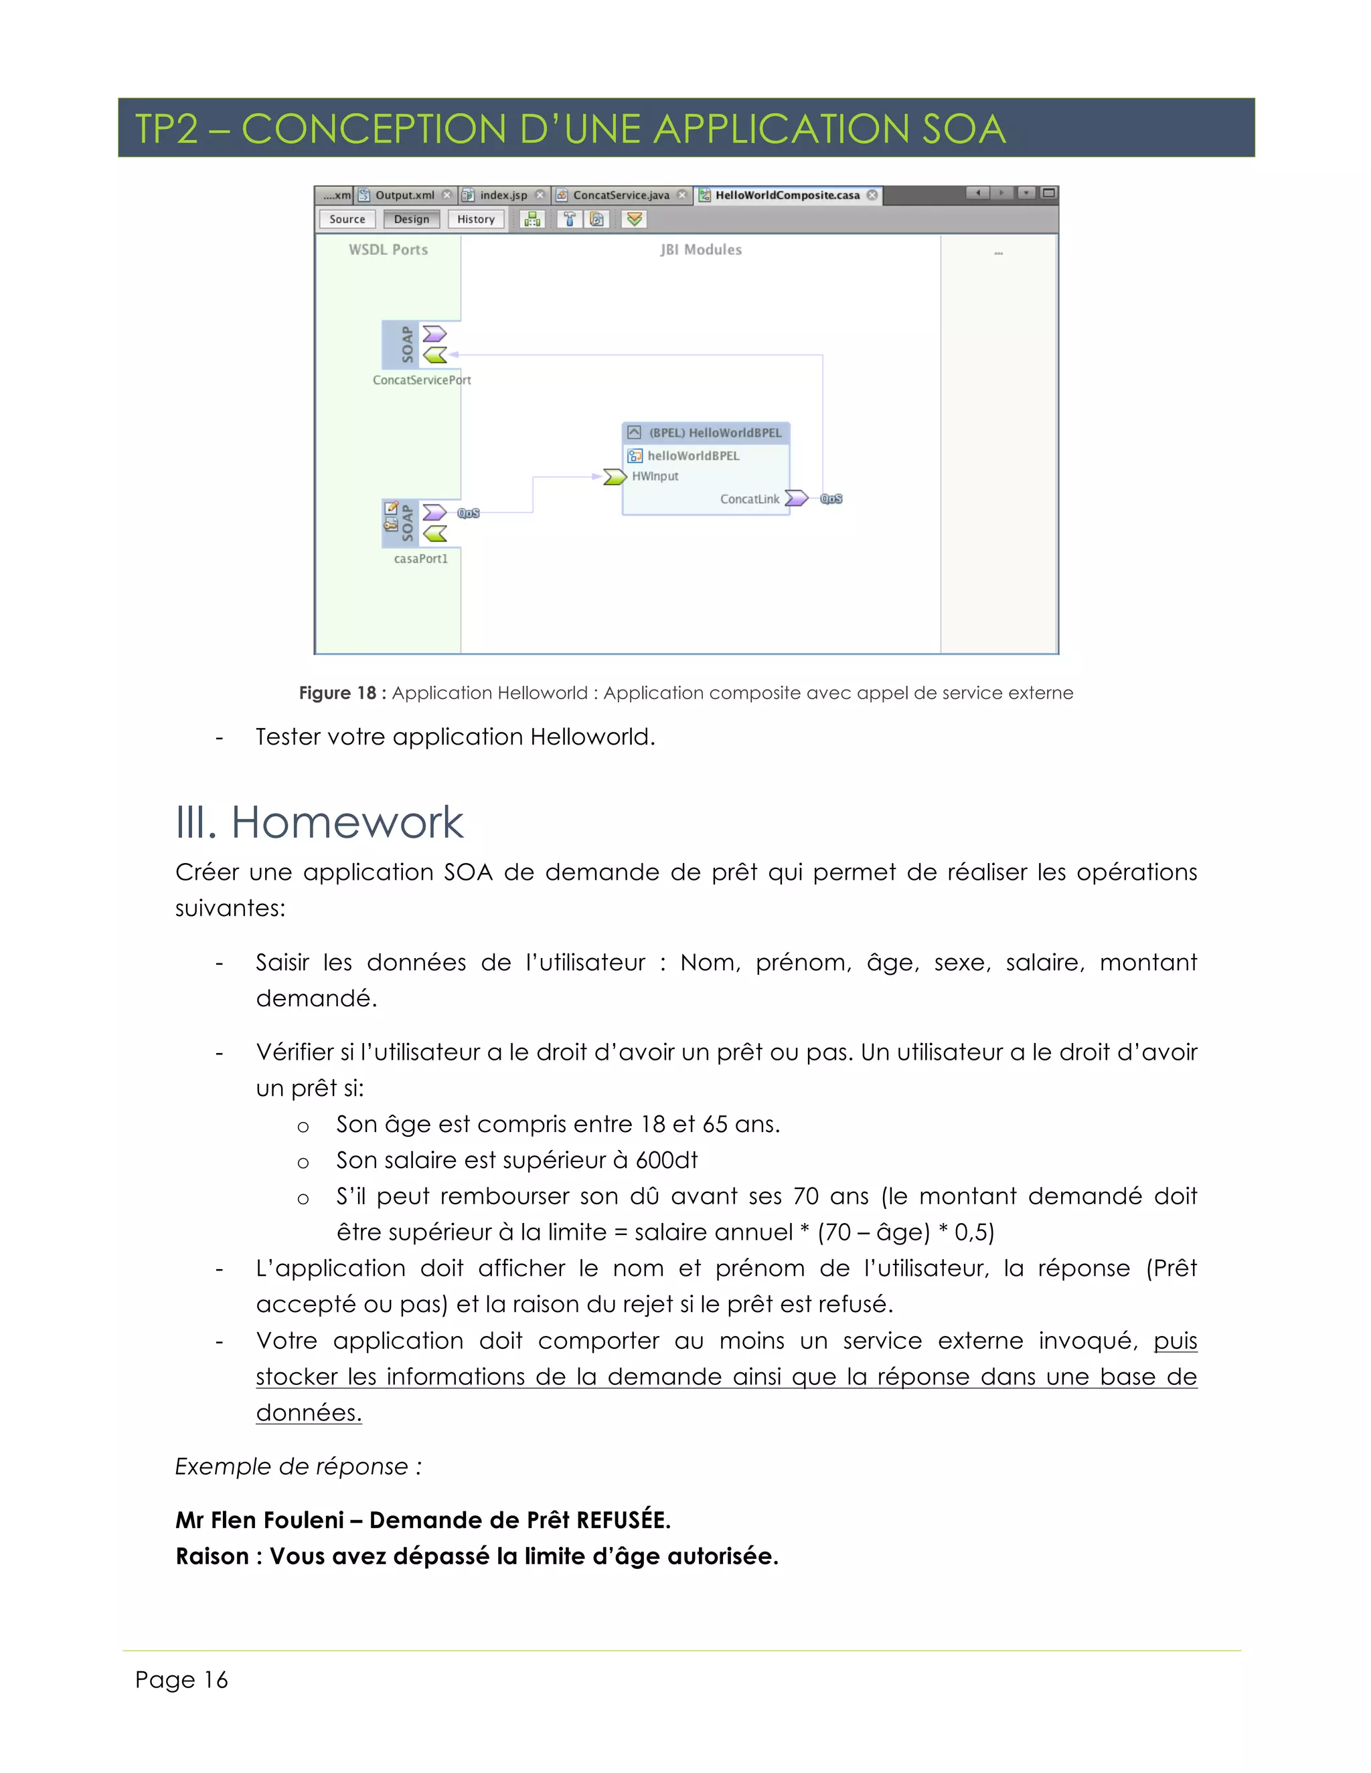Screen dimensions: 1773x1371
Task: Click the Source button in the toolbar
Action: pyautogui.click(x=347, y=219)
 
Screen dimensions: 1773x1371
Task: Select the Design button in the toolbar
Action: pyautogui.click(x=411, y=219)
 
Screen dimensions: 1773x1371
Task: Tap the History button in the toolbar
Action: pyautogui.click(x=475, y=219)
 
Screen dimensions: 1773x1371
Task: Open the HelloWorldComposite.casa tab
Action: pyautogui.click(x=786, y=195)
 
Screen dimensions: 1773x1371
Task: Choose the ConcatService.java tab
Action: pyautogui.click(x=621, y=195)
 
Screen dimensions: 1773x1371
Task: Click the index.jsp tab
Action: pyautogui.click(x=503, y=195)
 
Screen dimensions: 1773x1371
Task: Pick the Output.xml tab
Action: pyautogui.click(x=404, y=195)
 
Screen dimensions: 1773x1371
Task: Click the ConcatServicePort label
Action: pyautogui.click(x=422, y=380)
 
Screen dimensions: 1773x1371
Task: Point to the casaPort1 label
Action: pyautogui.click(x=420, y=559)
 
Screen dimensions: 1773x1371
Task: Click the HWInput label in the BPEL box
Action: pyautogui.click(x=655, y=476)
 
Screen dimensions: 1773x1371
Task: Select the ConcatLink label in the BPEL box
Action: pyautogui.click(x=749, y=499)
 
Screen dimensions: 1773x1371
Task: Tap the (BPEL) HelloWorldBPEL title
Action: pyautogui.click(x=715, y=433)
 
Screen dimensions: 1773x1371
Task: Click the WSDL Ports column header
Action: pyautogui.click(x=388, y=250)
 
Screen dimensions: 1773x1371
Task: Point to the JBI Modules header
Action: pyautogui.click(x=701, y=250)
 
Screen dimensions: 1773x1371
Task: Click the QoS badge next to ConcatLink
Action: pyautogui.click(x=831, y=499)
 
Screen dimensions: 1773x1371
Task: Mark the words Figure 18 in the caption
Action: pyautogui.click(x=337, y=693)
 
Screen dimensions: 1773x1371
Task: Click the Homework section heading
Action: pyautogui.click(x=347, y=822)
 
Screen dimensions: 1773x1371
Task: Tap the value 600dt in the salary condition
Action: pyautogui.click(x=666, y=1160)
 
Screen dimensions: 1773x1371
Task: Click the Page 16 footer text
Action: pyautogui.click(x=181, y=1679)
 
